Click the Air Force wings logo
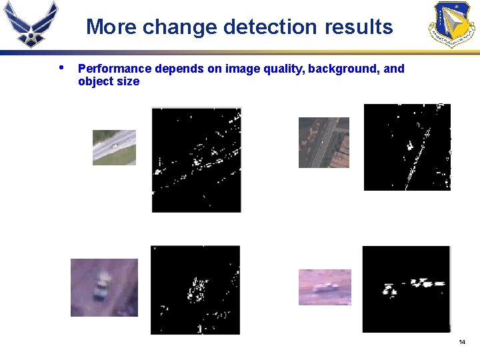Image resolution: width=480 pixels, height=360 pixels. (x=30, y=23)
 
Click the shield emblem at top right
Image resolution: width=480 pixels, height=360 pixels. (x=451, y=23)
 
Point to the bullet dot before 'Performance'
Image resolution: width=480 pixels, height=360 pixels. (x=61, y=67)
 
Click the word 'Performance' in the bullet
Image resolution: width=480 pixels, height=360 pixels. (x=115, y=69)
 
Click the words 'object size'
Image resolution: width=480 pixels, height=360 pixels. (x=109, y=82)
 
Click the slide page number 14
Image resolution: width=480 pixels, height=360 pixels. (x=462, y=342)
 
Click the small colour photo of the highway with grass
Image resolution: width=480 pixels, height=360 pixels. (x=114, y=147)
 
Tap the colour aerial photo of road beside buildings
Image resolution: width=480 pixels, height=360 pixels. (x=323, y=143)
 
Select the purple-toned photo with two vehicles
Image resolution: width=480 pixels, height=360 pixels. (x=104, y=287)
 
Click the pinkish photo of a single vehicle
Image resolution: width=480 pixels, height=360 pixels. (x=325, y=287)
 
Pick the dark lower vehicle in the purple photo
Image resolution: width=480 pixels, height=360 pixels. (x=101, y=293)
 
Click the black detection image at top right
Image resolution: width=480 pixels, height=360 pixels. (x=407, y=147)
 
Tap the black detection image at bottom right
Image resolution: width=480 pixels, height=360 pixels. (x=406, y=289)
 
